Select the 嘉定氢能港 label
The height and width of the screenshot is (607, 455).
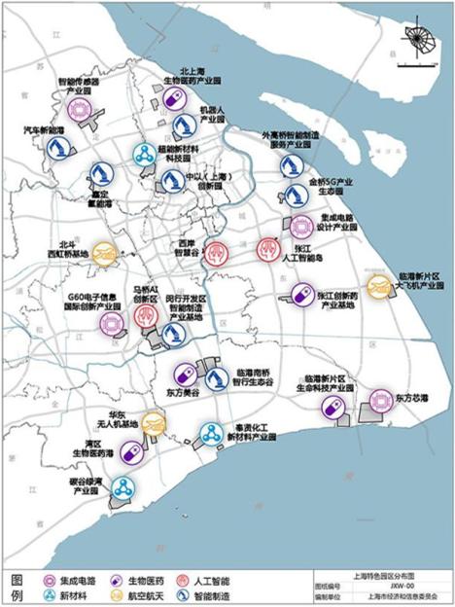100,199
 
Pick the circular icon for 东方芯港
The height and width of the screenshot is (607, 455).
380,402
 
